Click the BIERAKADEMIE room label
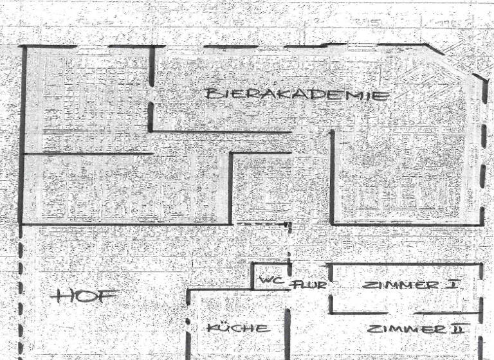click(x=297, y=94)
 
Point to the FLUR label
click(x=310, y=284)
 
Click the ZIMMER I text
click(x=410, y=285)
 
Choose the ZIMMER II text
click(x=416, y=329)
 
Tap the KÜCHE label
click(x=238, y=328)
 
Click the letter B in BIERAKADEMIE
click(x=211, y=94)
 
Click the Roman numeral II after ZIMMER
click(x=457, y=329)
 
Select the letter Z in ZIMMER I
click(x=369, y=285)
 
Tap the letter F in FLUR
click(x=297, y=284)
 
